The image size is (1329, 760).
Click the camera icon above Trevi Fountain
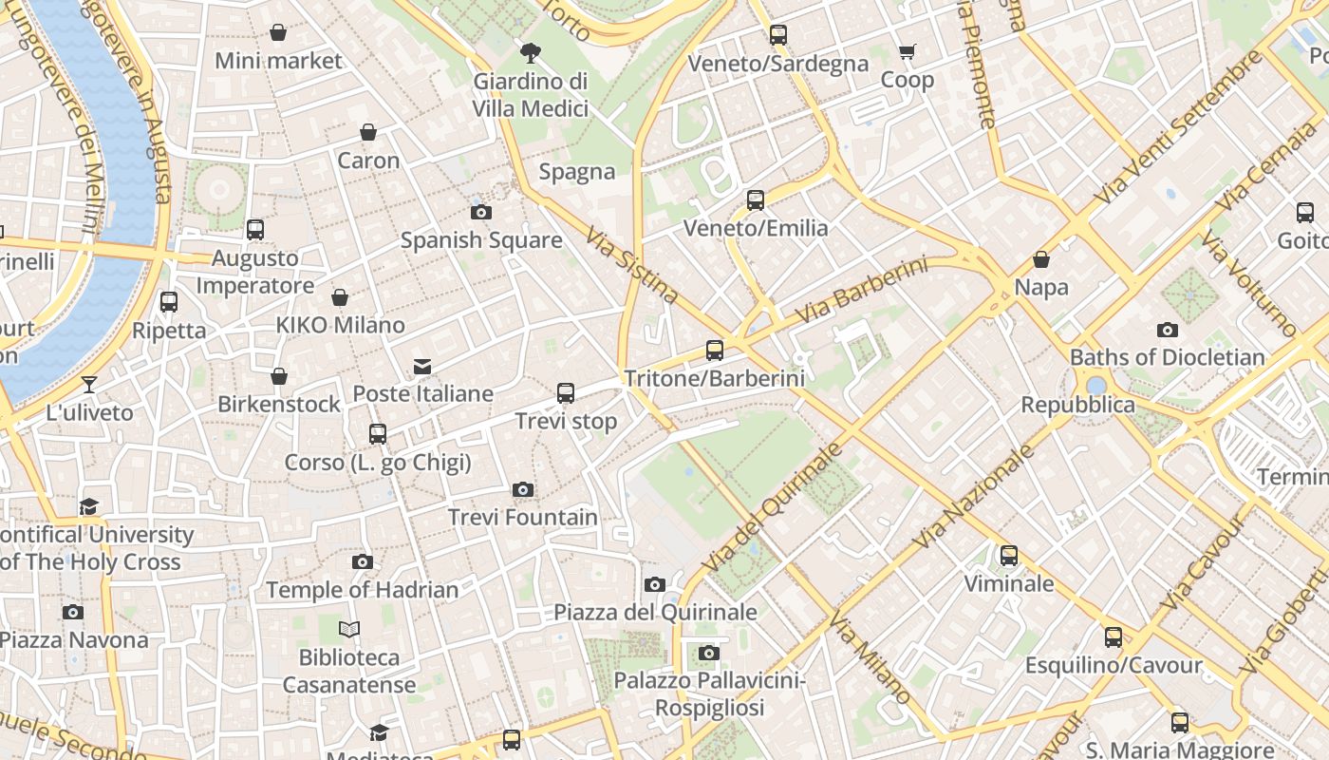(522, 490)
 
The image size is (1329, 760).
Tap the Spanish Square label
(481, 239)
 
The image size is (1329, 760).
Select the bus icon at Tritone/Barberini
(715, 351)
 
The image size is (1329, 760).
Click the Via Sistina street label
(631, 264)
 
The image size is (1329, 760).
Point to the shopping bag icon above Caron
(368, 132)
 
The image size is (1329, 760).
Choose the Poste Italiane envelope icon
(422, 366)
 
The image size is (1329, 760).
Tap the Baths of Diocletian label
(1167, 357)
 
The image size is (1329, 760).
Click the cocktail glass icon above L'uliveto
(89, 385)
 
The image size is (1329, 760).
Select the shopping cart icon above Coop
(907, 52)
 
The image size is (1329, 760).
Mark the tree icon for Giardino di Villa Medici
(531, 53)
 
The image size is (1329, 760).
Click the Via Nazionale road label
(974, 496)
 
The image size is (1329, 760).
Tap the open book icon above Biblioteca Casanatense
(349, 629)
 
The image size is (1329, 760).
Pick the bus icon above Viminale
(1009, 555)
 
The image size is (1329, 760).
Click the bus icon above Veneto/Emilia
(756, 200)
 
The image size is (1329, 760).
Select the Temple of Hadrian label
(362, 589)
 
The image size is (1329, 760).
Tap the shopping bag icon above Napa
(1041, 259)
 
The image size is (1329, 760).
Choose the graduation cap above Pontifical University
(89, 506)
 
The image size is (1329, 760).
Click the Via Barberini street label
(861, 288)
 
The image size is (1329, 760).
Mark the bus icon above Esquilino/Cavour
(1114, 637)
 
